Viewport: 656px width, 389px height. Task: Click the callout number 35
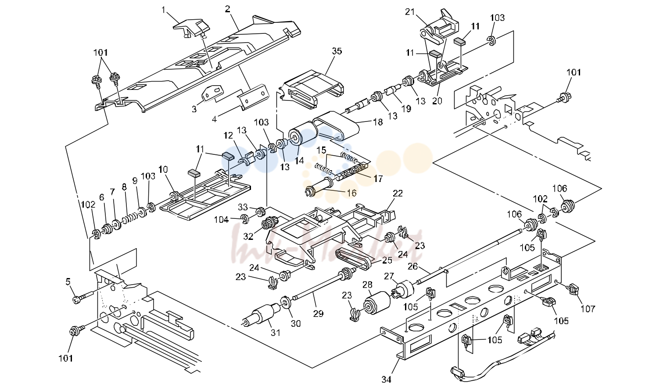(x=337, y=51)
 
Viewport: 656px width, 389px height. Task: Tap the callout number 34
(x=386, y=380)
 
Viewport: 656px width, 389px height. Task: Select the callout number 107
(x=588, y=309)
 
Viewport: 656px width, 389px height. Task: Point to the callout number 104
(x=222, y=219)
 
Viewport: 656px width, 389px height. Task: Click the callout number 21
(x=410, y=12)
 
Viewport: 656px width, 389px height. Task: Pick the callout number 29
(x=318, y=314)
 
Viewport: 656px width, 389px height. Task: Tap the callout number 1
(x=163, y=10)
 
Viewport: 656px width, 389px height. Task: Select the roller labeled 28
(x=377, y=303)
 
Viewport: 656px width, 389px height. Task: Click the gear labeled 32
(x=268, y=224)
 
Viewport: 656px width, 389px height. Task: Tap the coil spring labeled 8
(x=130, y=218)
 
